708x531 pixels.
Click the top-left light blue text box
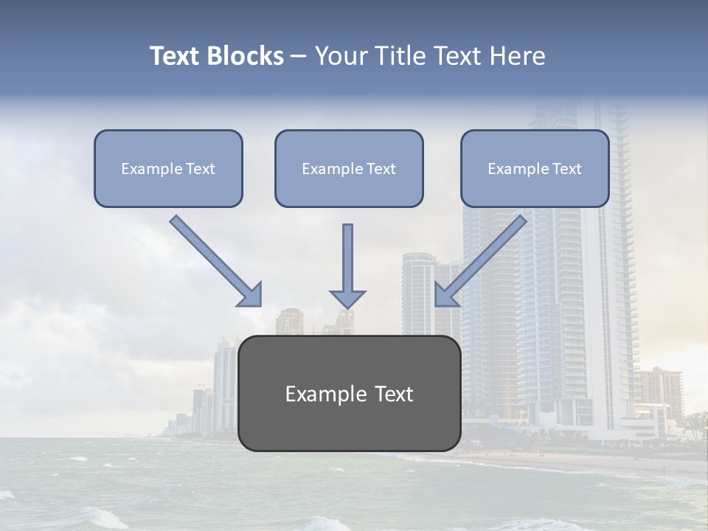click(168, 168)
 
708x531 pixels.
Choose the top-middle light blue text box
click(349, 168)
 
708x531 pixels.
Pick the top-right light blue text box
click(535, 168)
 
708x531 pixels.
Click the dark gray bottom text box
click(349, 394)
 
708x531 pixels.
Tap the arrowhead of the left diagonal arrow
click(251, 295)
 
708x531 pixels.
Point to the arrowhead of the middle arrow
click(347, 298)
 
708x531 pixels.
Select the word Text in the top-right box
click(567, 169)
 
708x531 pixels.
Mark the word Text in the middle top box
click(381, 169)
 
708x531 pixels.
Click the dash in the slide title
click(299, 57)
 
